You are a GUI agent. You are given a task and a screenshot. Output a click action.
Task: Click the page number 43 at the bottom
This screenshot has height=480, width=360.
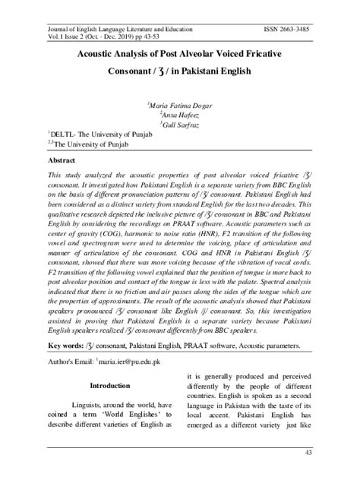tap(330, 453)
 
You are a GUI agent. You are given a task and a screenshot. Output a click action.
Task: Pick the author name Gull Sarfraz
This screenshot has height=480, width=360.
tap(180, 122)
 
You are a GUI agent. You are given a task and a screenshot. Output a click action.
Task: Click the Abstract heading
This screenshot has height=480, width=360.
tap(64, 162)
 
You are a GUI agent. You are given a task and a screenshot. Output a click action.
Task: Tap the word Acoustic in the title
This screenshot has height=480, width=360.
tap(98, 55)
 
